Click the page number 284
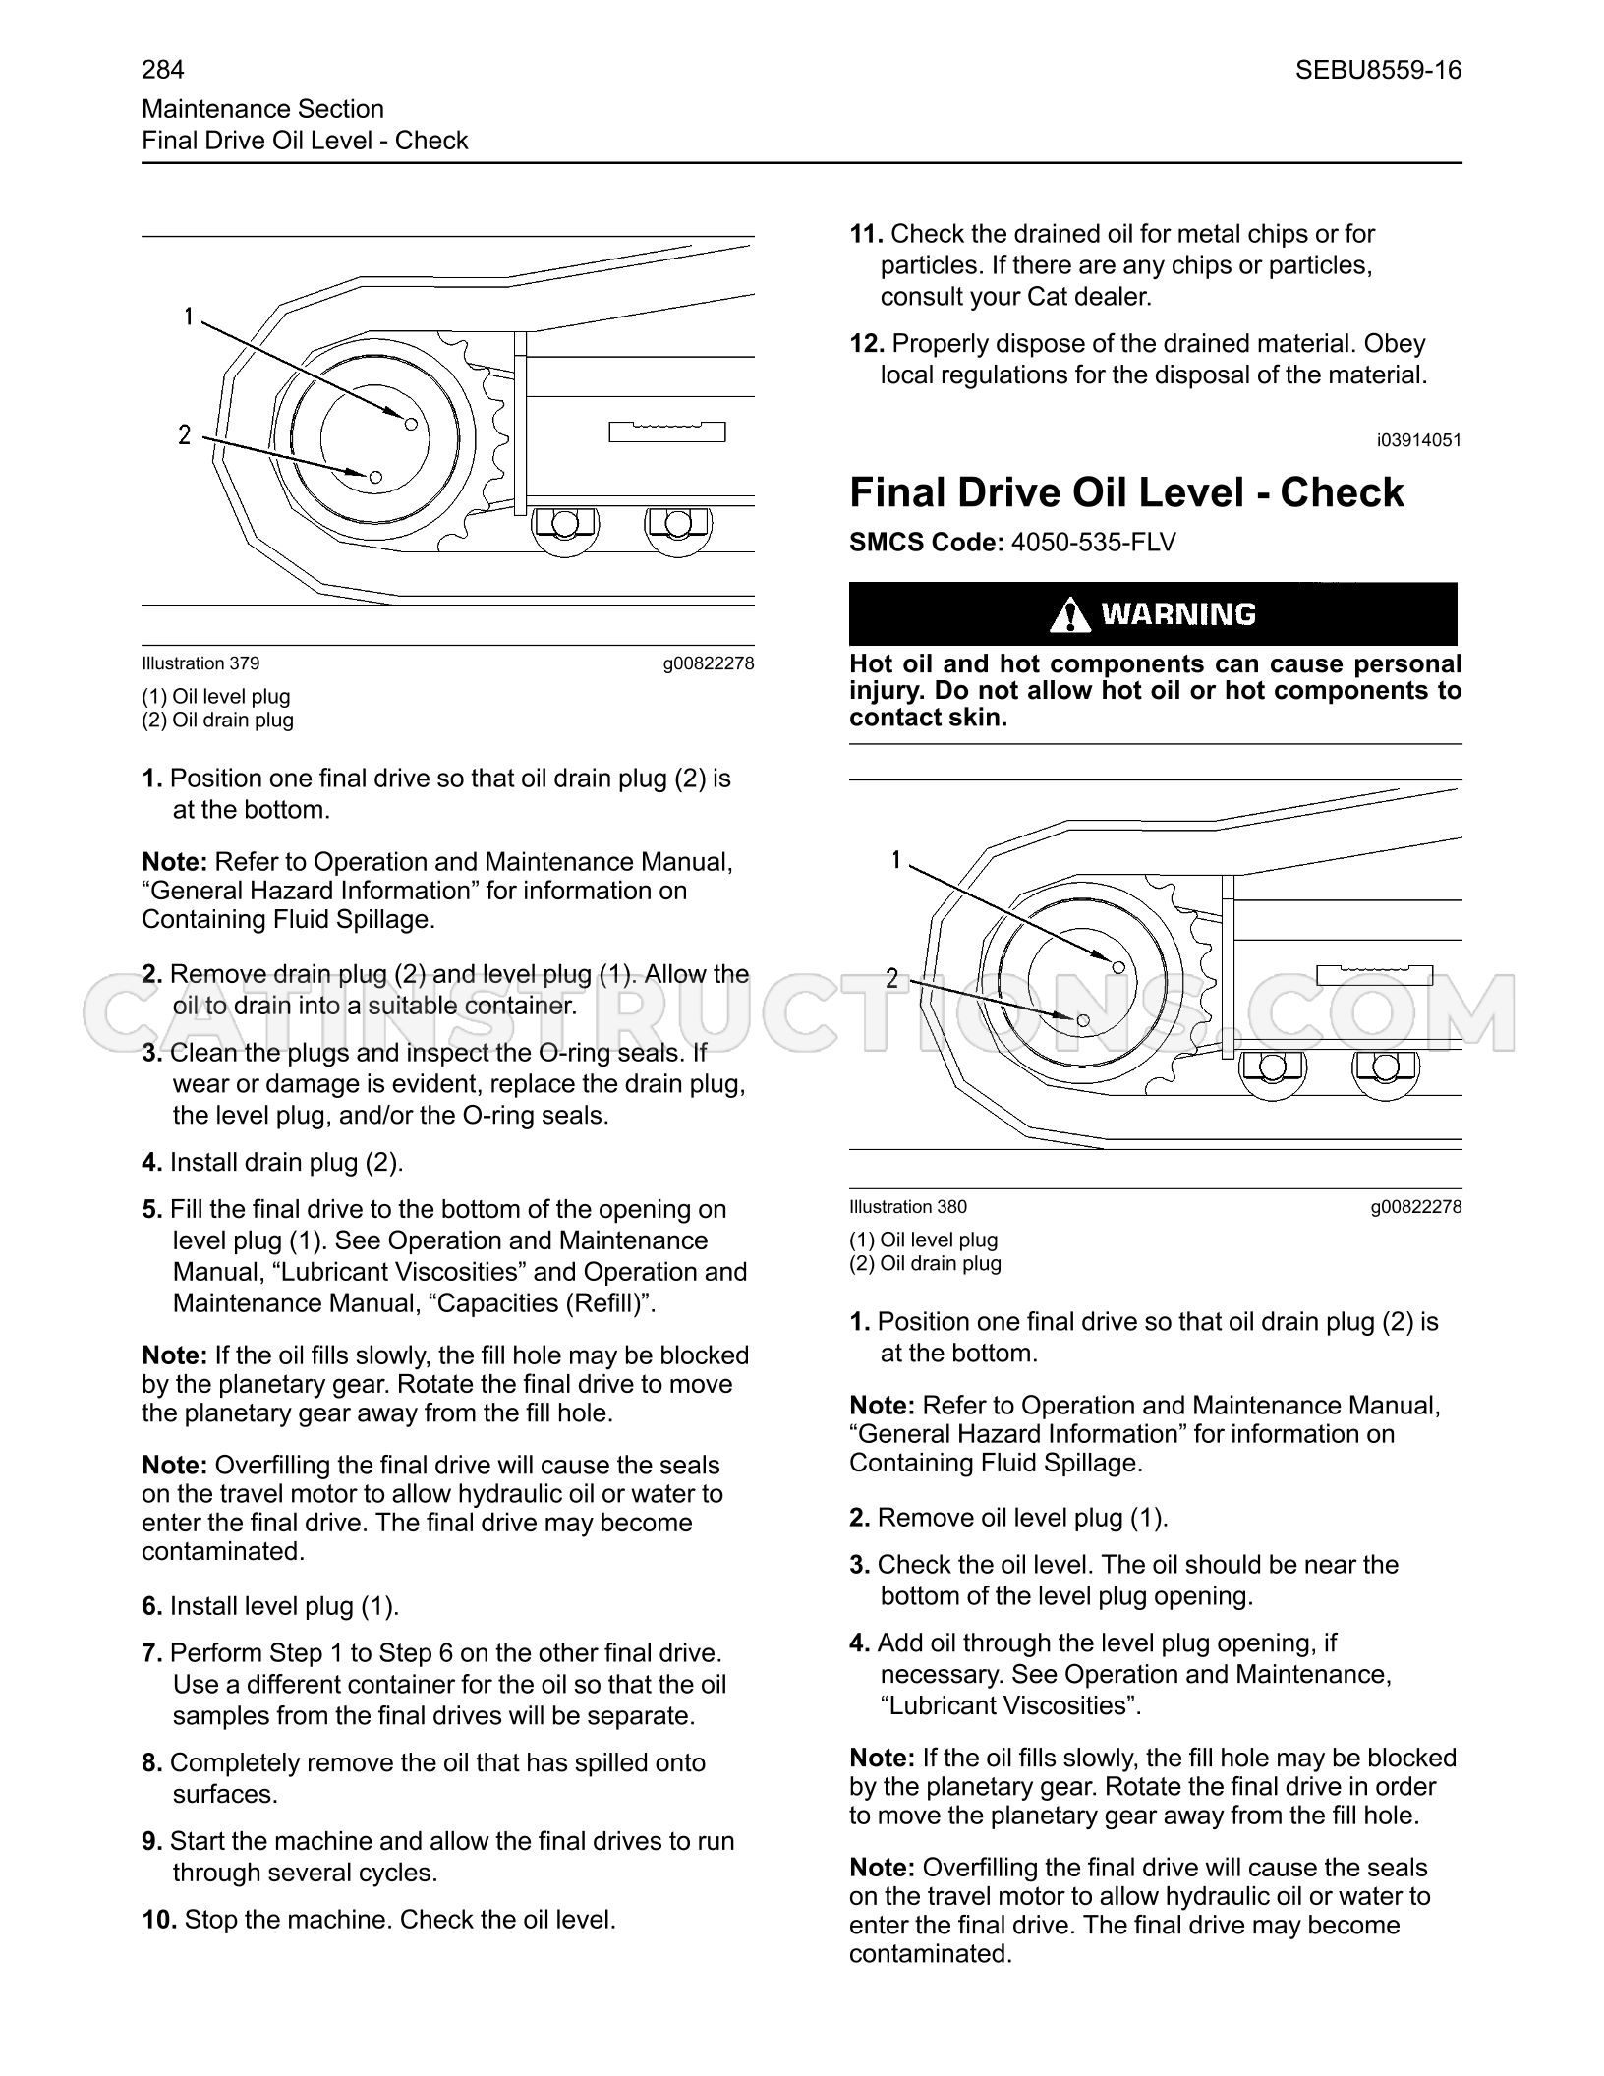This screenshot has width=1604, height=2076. point(163,70)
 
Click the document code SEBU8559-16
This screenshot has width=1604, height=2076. point(1378,70)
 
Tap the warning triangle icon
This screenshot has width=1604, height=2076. point(1069,614)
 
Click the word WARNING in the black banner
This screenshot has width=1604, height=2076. point(1178,614)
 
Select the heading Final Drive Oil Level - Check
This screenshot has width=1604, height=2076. point(1126,492)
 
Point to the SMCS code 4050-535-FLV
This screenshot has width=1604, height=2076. point(1093,543)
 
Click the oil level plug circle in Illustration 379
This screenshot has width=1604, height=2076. point(412,424)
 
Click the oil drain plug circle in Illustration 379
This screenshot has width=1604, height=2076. point(375,477)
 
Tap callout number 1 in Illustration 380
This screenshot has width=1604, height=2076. point(895,861)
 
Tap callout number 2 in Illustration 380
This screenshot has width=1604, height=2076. point(892,978)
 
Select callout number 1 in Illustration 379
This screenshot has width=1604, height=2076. point(188,317)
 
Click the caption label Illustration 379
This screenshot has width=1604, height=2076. point(200,663)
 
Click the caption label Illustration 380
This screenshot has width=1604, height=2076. point(908,1207)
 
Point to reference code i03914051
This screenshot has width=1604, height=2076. point(1419,440)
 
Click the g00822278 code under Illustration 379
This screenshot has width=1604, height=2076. point(709,663)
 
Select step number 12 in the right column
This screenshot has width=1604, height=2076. point(867,344)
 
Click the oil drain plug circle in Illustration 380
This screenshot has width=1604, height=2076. point(1083,1020)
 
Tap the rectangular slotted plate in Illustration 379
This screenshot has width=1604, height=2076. point(667,431)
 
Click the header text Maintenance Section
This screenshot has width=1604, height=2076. point(262,109)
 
